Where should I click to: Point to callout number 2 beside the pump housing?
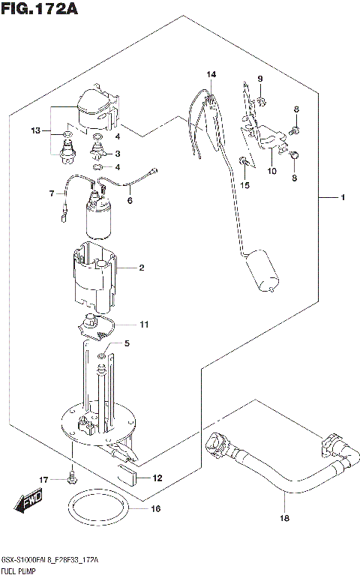click(x=140, y=268)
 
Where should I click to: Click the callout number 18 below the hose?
click(x=284, y=518)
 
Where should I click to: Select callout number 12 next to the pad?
click(x=157, y=478)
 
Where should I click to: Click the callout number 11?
click(x=143, y=324)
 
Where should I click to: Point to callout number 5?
click(x=127, y=344)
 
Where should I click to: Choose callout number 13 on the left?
click(x=34, y=131)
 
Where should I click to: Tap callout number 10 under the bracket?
click(x=271, y=171)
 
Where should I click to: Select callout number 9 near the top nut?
click(x=260, y=79)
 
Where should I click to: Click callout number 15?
click(x=244, y=184)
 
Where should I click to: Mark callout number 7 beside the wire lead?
click(x=53, y=193)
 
